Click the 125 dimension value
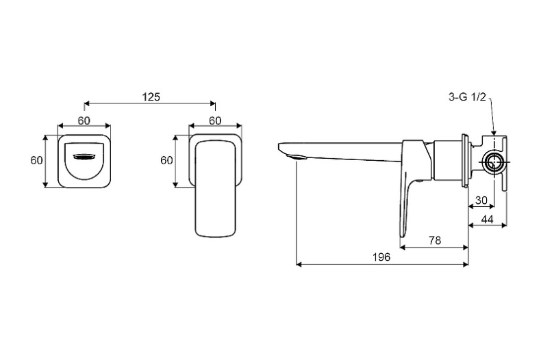(x=151, y=97)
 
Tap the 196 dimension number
(x=381, y=257)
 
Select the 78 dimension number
(x=435, y=240)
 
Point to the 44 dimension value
(x=487, y=219)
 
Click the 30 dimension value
(x=481, y=200)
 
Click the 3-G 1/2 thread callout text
(x=467, y=97)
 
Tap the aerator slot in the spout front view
(x=84, y=157)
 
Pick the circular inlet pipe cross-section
(x=495, y=162)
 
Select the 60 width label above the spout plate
(x=84, y=120)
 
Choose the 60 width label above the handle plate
(x=215, y=120)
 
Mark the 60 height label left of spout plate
(x=36, y=160)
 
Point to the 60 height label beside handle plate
(x=166, y=160)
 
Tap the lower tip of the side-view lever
(x=402, y=237)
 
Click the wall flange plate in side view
(x=465, y=161)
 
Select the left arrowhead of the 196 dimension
(x=299, y=264)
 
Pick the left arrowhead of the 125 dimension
(x=87, y=103)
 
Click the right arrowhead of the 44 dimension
(x=504, y=225)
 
